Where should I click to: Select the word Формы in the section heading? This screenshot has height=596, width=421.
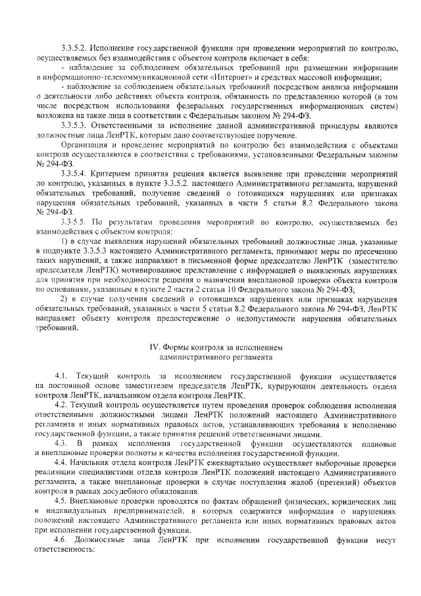tap(178, 346)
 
